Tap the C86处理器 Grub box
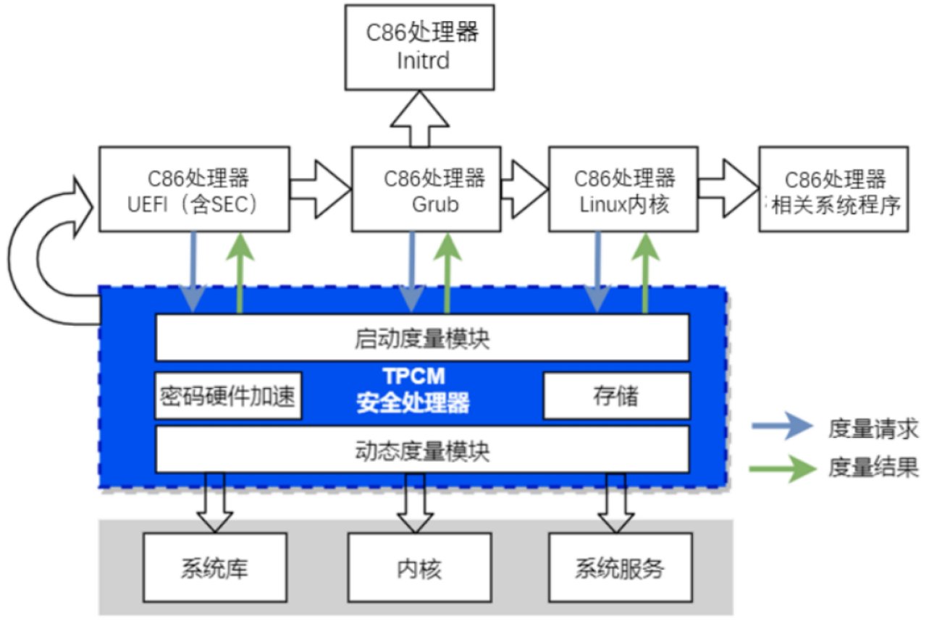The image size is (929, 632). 426,190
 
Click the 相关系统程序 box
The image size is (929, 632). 833,190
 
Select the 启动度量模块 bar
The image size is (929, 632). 421,338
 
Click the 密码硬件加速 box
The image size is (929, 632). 228,396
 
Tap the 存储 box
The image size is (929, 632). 615,396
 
